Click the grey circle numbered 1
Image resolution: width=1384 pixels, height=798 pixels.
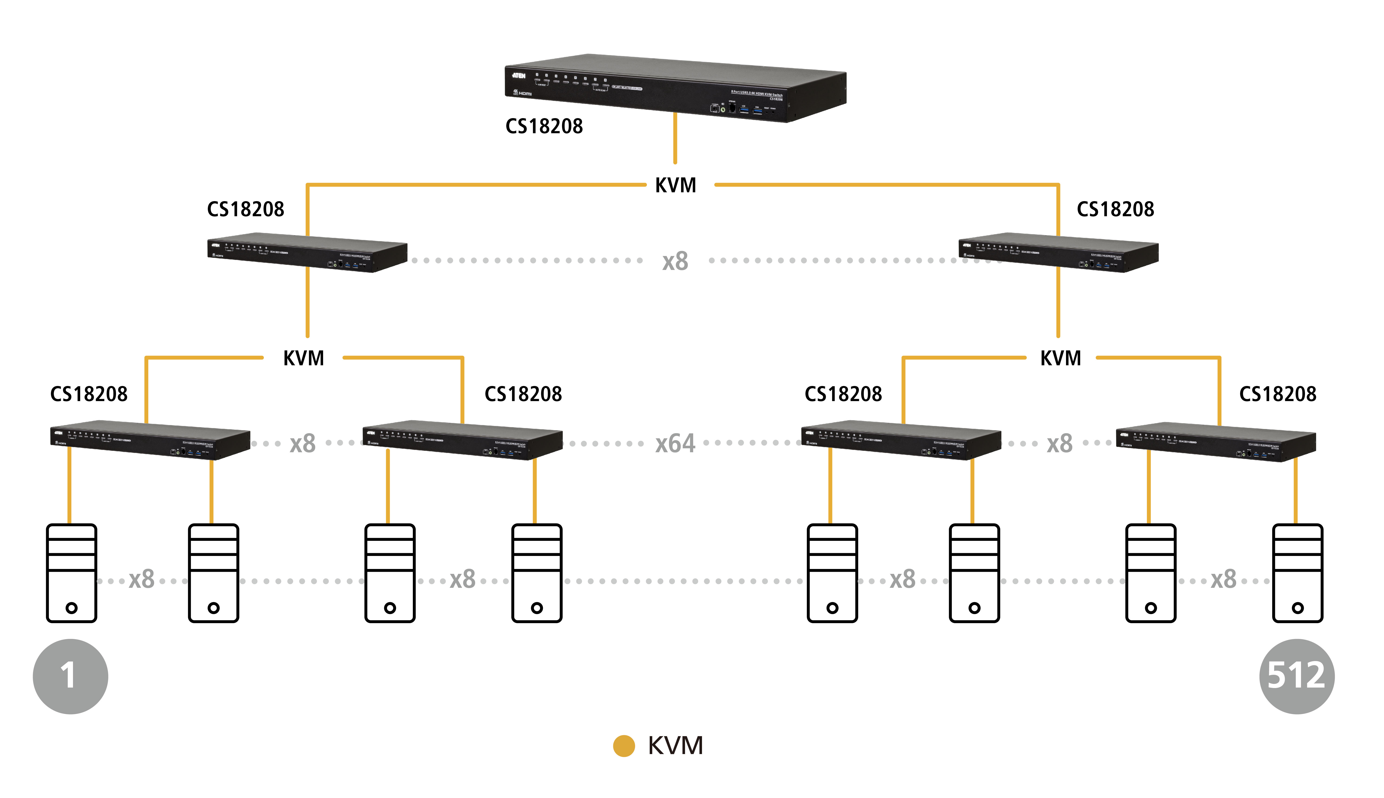[x=70, y=676]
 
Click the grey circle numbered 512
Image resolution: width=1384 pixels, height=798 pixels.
[x=1296, y=676]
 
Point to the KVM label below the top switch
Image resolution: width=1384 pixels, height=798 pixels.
[x=675, y=185]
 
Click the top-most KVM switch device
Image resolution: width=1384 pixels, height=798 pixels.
[x=675, y=88]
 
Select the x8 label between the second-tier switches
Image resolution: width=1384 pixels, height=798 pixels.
[x=675, y=261]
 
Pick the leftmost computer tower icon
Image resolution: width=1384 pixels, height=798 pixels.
[x=71, y=573]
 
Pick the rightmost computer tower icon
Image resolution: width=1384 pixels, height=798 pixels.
[x=1298, y=573]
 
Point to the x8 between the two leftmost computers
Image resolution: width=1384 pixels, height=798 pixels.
[x=141, y=579]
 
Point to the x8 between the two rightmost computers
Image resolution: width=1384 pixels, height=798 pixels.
[x=1223, y=579]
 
